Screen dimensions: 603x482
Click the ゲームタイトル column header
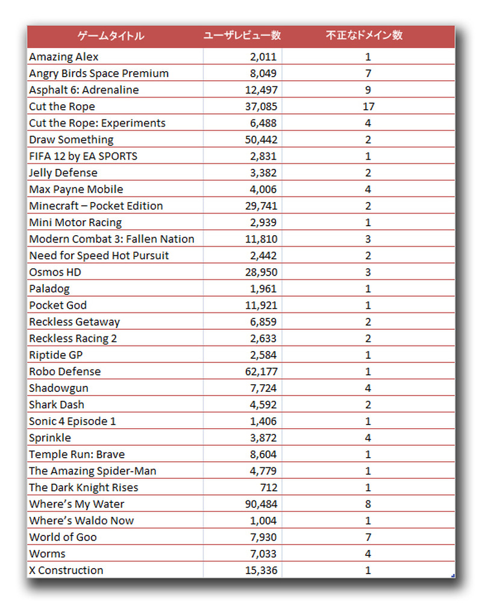(111, 36)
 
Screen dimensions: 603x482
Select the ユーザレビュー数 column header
(242, 36)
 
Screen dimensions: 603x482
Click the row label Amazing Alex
(64, 57)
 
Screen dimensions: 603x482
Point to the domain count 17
(368, 107)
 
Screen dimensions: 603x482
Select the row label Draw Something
(71, 140)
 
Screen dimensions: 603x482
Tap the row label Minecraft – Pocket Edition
(96, 206)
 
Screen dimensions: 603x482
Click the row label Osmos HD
(55, 273)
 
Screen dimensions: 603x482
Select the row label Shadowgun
(58, 388)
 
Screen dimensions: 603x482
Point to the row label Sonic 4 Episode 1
(72, 421)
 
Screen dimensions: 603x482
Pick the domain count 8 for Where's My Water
(368, 504)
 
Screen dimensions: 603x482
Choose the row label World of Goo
(63, 537)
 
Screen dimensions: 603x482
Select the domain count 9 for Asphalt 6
(368, 90)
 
